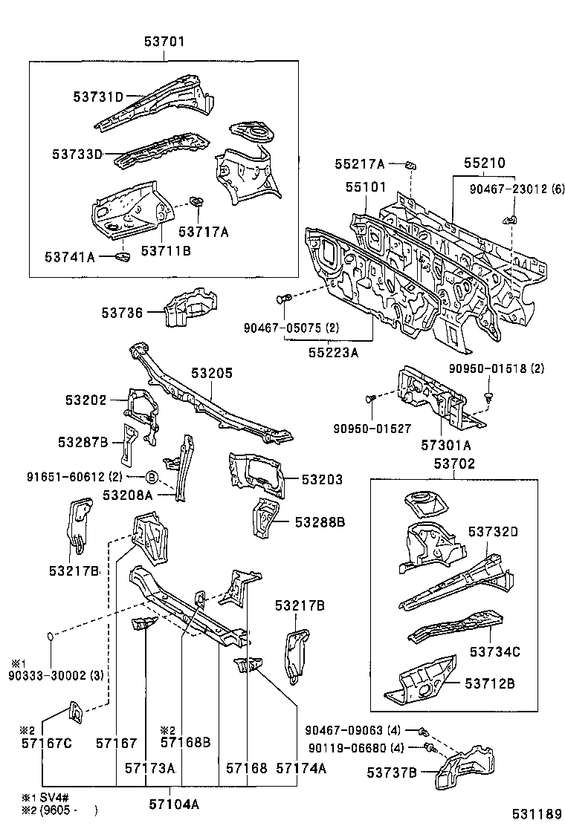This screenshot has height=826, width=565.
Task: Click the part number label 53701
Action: pyautogui.click(x=164, y=43)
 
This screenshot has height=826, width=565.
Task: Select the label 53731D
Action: pyautogui.click(x=97, y=97)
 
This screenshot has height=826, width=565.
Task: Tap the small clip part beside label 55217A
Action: pyautogui.click(x=410, y=165)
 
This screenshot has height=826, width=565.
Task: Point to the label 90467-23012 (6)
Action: pyautogui.click(x=517, y=189)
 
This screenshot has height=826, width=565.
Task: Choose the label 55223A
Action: pyautogui.click(x=333, y=353)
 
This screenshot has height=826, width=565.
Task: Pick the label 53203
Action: pyautogui.click(x=322, y=480)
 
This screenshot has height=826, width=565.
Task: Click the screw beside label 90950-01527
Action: pyautogui.click(x=369, y=400)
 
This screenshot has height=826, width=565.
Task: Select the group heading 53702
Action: pyautogui.click(x=453, y=464)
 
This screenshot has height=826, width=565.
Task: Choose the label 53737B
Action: pyautogui.click(x=391, y=773)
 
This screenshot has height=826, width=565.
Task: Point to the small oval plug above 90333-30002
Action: pyautogui.click(x=51, y=636)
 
